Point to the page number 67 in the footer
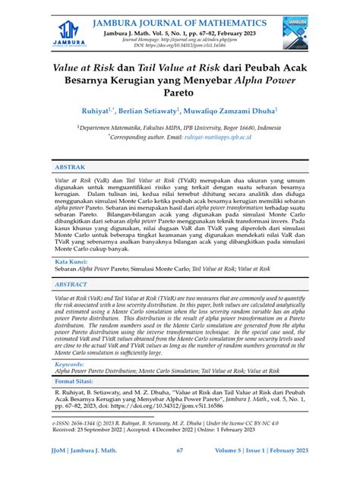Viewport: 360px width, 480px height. [180, 470]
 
